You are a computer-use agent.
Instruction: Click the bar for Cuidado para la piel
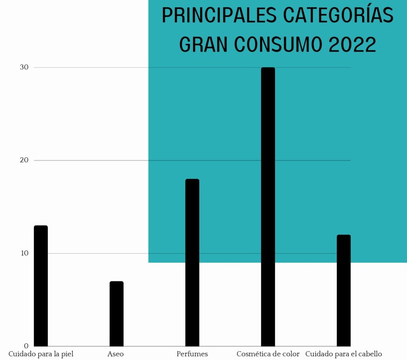(41, 286)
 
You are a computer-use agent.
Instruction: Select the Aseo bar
(116, 314)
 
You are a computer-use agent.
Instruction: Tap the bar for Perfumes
(192, 263)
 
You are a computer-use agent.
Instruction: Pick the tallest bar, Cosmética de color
(268, 207)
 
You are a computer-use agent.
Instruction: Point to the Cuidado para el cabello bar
(343, 290)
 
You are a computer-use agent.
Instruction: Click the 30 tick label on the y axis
(24, 68)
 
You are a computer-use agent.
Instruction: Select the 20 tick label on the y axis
(24, 160)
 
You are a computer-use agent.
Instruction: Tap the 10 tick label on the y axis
(24, 253)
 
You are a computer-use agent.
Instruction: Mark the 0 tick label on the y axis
(26, 346)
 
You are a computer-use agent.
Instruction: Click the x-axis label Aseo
(115, 354)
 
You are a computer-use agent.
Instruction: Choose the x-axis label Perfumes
(192, 354)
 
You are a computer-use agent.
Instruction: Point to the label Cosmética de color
(268, 354)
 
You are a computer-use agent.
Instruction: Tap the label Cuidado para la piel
(41, 354)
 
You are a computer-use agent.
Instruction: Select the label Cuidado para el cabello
(343, 354)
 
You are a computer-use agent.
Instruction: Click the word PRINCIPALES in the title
(219, 16)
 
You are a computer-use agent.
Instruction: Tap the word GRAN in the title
(203, 45)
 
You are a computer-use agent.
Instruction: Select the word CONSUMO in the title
(279, 45)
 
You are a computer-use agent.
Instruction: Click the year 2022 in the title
(353, 45)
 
